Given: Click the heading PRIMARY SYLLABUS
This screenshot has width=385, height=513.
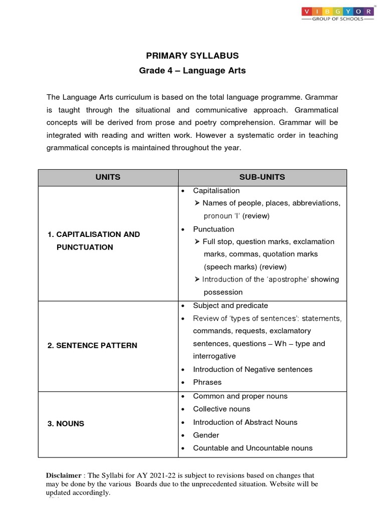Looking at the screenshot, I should point(192,56).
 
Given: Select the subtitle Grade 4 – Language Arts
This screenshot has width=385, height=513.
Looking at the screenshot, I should point(192,71).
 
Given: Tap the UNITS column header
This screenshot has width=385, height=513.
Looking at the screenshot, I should point(108,177).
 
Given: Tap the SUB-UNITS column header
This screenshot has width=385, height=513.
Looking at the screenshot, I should point(262,177).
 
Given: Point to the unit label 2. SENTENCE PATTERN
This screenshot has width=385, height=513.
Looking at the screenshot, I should point(92,346).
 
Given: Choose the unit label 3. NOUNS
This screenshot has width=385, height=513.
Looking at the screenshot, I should point(66,423).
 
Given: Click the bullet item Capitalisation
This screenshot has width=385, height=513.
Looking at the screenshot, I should point(216,191).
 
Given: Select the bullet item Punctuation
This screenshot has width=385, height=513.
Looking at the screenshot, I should point(214,229).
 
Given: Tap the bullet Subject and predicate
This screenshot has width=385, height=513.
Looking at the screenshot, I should point(230,306).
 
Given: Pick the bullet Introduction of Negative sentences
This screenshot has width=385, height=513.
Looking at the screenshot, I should point(253,369).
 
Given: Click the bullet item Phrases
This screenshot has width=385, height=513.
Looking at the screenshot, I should point(207,382).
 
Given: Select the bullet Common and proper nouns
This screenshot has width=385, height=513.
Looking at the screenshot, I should point(240,396).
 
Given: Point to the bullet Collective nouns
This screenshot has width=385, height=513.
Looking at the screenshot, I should point(221,409).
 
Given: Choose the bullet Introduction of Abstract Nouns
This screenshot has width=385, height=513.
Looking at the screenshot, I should point(245,422).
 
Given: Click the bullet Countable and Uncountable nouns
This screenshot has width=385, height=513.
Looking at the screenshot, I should point(253,448).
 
